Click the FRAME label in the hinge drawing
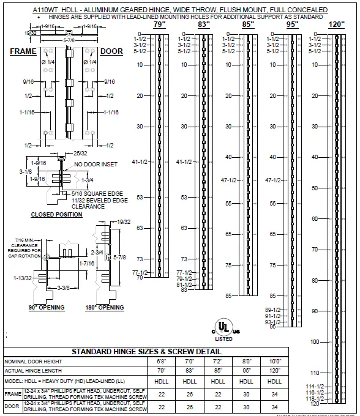pyautogui.click(x=24, y=52)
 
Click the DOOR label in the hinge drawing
pyautogui.click(x=112, y=52)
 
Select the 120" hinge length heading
pyautogui.click(x=336, y=24)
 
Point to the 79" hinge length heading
pyautogui.click(x=159, y=25)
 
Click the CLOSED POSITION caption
pyautogui.click(x=56, y=215)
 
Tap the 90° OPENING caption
pyautogui.click(x=47, y=307)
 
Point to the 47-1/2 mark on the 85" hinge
pyautogui.click(x=228, y=180)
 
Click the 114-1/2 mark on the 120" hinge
pyautogui.click(x=314, y=386)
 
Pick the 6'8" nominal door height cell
pyautogui.click(x=161, y=362)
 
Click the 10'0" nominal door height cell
pyautogui.click(x=275, y=362)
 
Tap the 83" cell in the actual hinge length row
pyautogui.click(x=189, y=371)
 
